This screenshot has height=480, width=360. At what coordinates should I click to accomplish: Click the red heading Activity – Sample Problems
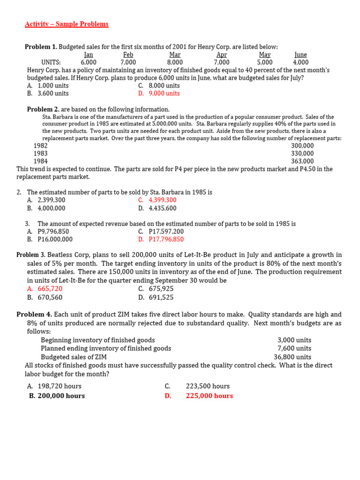click(x=67, y=24)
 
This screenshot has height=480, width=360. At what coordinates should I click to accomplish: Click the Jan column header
click(x=89, y=55)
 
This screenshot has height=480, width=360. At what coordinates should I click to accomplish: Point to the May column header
click(x=265, y=55)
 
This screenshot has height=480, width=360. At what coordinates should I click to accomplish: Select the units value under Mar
click(x=175, y=62)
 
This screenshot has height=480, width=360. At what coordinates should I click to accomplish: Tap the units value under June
click(x=300, y=62)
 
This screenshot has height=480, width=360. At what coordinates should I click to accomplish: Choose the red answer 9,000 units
click(x=164, y=93)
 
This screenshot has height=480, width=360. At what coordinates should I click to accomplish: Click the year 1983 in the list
click(x=41, y=153)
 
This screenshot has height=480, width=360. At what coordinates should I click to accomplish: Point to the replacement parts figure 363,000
click(x=302, y=161)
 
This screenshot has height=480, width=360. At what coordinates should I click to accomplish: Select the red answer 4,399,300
click(x=163, y=200)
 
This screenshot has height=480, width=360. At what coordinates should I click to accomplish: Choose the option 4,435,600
click(x=163, y=208)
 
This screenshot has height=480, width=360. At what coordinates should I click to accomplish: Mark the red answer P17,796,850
click(x=166, y=239)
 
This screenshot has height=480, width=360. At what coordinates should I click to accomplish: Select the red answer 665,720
click(x=50, y=289)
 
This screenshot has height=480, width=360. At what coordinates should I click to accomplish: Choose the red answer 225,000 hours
click(x=210, y=396)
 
